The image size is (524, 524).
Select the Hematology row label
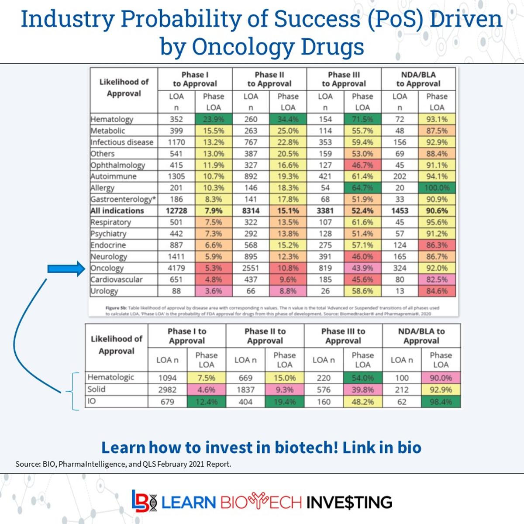[x=112, y=119]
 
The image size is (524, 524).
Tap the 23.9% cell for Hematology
[x=213, y=119]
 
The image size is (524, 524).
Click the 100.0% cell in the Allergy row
[x=437, y=188]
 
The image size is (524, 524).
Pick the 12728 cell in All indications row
[x=176, y=210]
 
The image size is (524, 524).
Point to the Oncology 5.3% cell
[x=213, y=268]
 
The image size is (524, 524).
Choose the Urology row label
[x=104, y=291]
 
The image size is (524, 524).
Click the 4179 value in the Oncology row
[x=176, y=268]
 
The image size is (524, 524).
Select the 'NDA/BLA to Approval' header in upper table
[x=418, y=79]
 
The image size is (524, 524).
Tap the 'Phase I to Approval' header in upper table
[x=195, y=79]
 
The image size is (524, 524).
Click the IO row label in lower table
[x=92, y=401]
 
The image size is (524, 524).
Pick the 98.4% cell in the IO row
[x=441, y=402]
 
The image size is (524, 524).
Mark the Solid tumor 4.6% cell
[x=206, y=390]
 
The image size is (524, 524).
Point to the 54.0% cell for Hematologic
[x=362, y=378]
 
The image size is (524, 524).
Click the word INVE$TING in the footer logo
[x=349, y=502]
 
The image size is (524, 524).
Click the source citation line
[x=123, y=464]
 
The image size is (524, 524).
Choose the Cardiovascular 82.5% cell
[x=437, y=279]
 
